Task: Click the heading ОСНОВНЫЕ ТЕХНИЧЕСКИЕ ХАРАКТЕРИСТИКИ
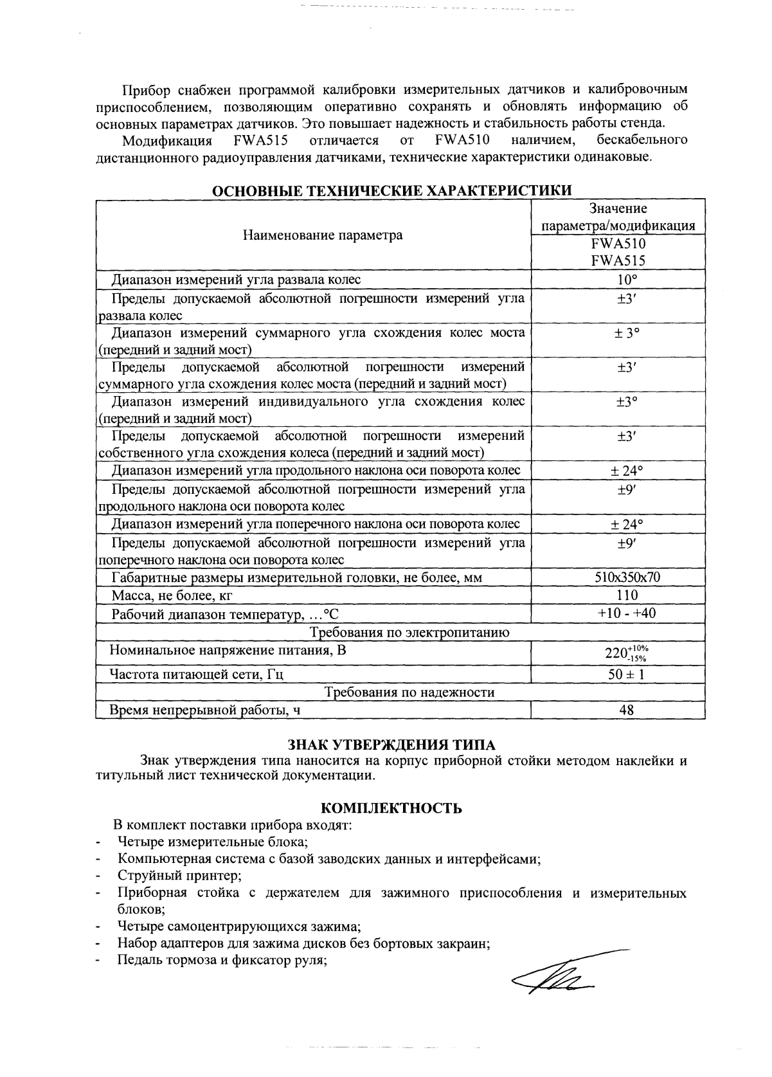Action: [x=391, y=191]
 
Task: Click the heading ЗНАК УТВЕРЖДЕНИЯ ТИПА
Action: [x=391, y=745]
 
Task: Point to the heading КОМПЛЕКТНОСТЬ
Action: [x=391, y=808]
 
